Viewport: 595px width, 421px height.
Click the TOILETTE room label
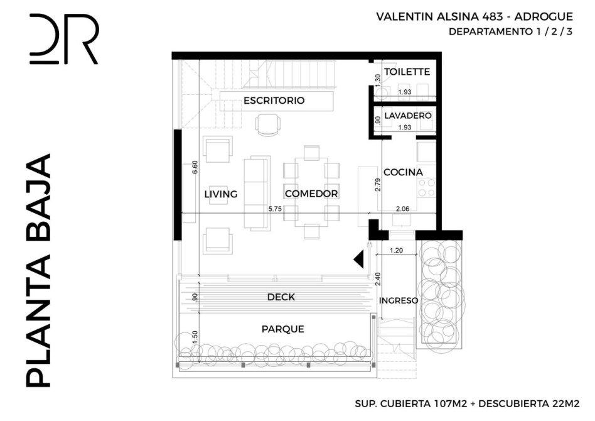click(x=407, y=72)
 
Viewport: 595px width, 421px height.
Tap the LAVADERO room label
click(x=408, y=116)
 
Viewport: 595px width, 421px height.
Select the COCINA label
click(x=403, y=172)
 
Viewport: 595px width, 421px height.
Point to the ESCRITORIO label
click(x=274, y=101)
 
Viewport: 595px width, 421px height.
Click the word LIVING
click(x=221, y=194)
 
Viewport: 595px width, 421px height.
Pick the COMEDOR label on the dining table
click(x=311, y=194)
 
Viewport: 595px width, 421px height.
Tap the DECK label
click(x=281, y=297)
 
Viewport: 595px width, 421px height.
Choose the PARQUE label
click(x=282, y=329)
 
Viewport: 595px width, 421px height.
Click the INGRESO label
click(x=399, y=300)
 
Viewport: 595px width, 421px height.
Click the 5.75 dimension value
click(x=275, y=209)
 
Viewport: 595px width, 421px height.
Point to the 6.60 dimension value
click(x=195, y=167)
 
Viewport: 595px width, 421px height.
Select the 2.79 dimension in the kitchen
click(x=378, y=185)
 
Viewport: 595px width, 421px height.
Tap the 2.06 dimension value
click(x=402, y=209)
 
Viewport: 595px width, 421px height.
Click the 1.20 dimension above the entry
click(x=396, y=250)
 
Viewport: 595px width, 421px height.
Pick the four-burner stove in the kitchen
click(x=426, y=188)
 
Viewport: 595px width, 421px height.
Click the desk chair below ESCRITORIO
click(x=269, y=125)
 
